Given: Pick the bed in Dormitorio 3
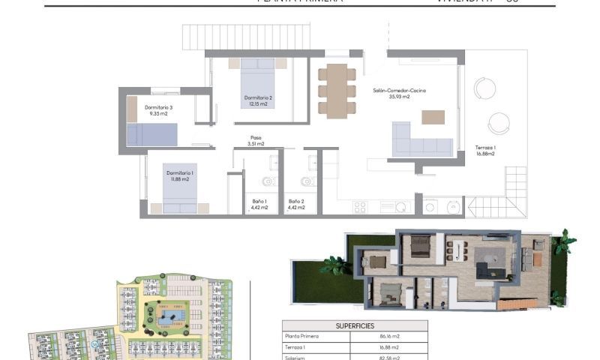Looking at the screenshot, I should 151,134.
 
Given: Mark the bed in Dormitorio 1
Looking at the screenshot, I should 180,192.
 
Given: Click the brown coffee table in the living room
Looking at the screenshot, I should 433,117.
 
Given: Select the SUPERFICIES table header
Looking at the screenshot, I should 354,326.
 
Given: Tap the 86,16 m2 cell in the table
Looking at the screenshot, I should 388,337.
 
